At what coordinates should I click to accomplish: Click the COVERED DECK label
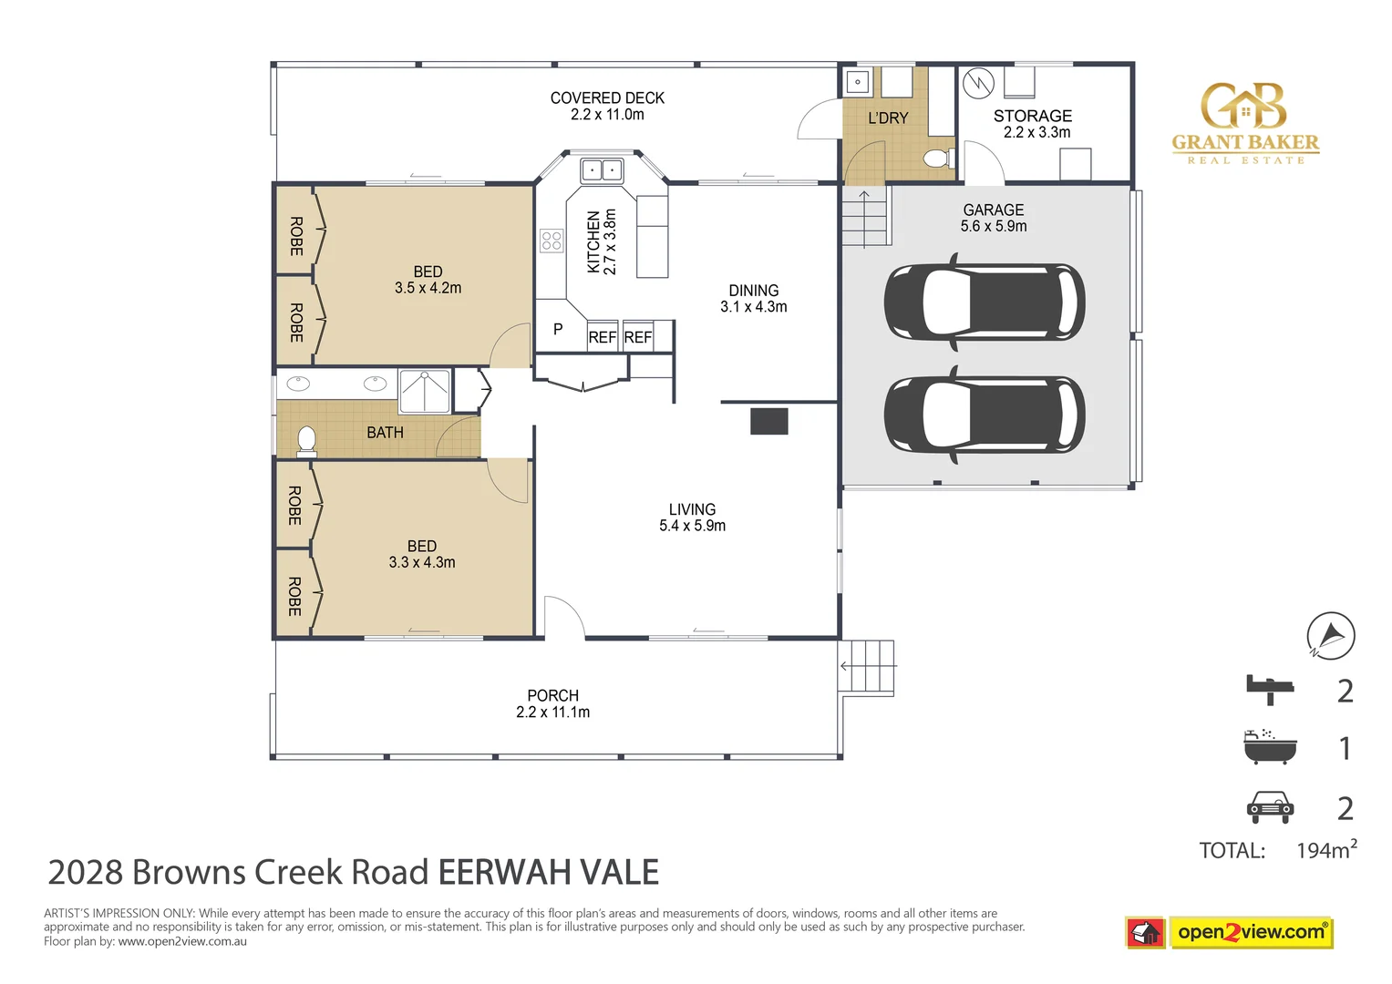tap(607, 98)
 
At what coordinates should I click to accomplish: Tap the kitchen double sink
tap(602, 170)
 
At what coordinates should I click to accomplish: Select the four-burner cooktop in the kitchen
tap(552, 241)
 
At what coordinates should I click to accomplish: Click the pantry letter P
tap(558, 329)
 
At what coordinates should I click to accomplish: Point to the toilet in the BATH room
tap(305, 441)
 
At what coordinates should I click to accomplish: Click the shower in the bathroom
tap(425, 392)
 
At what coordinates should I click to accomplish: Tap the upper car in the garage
tap(985, 302)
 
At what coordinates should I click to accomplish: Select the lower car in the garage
tap(985, 415)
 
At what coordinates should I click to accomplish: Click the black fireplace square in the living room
tap(769, 421)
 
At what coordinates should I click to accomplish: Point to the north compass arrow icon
tap(1331, 636)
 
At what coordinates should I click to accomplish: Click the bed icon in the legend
tap(1270, 690)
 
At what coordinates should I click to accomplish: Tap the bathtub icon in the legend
tap(1270, 746)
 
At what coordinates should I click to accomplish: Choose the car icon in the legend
tap(1270, 807)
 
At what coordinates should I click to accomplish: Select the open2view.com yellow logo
tap(1251, 932)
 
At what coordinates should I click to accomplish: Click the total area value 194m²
tap(1326, 848)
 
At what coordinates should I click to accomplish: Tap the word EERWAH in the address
tap(504, 872)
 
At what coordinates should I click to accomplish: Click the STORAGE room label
tap(1032, 117)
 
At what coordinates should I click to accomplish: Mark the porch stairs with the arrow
tap(866, 667)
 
